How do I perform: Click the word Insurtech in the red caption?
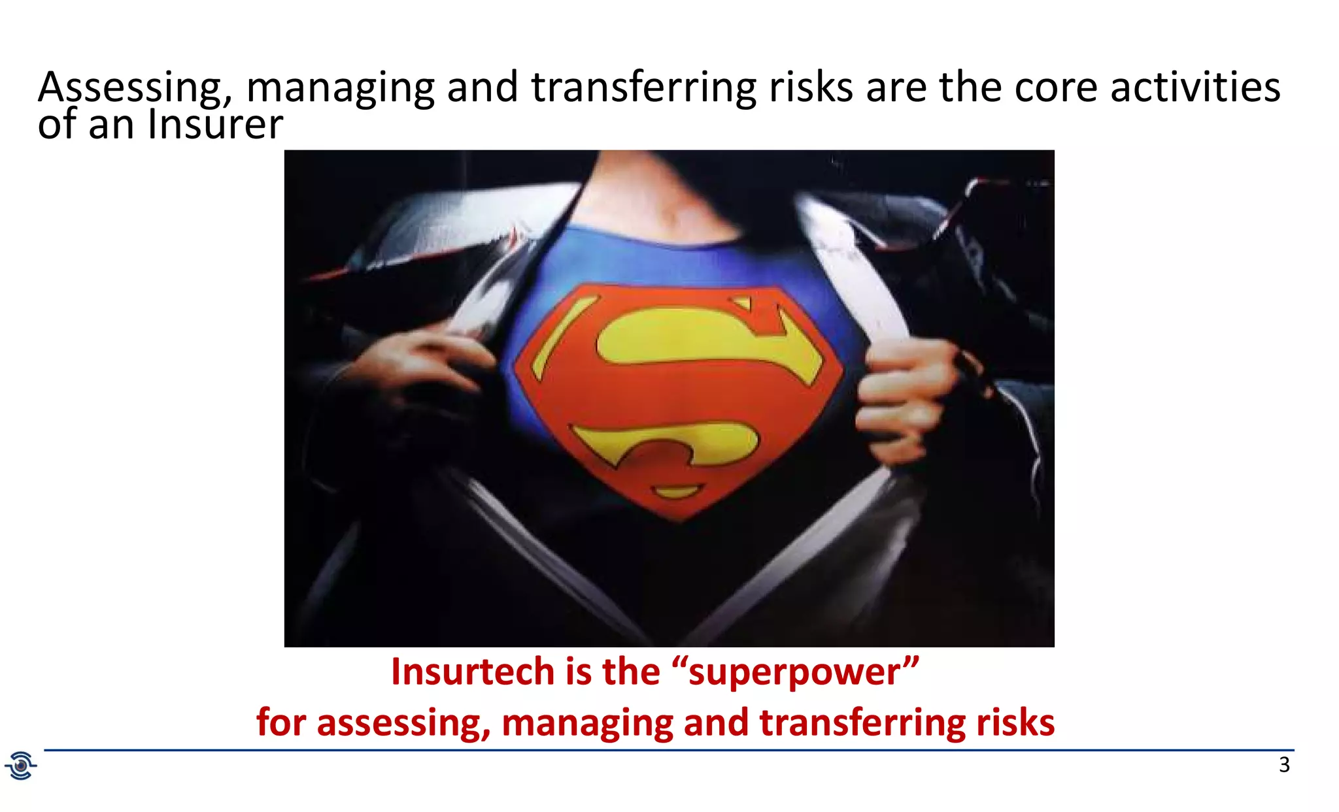tap(471, 672)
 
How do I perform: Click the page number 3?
tap(1284, 764)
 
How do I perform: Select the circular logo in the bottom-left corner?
tap(21, 765)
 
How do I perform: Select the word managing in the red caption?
tap(587, 723)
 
